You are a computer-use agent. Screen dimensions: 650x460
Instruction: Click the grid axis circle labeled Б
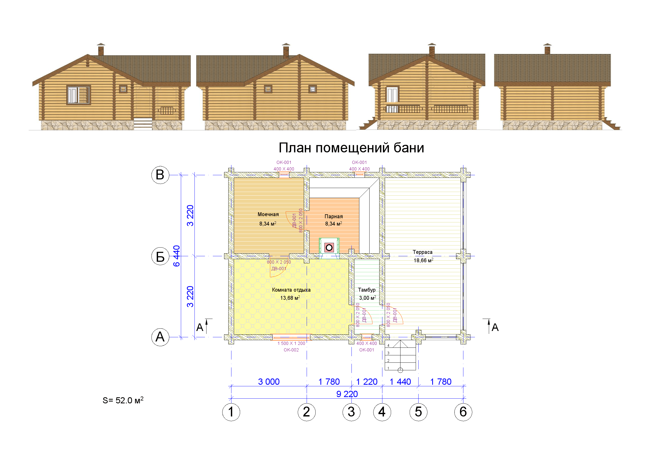160,256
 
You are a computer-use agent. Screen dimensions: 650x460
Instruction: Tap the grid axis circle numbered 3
351,412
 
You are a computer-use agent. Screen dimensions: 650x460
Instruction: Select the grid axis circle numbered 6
463,412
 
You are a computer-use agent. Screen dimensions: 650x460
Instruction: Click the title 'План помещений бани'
351,148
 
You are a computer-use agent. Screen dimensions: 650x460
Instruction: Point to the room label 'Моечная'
268,215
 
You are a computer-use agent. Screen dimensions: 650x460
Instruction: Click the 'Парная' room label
333,216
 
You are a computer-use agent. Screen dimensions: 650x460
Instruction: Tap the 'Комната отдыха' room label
291,290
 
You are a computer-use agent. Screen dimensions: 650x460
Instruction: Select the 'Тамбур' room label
367,290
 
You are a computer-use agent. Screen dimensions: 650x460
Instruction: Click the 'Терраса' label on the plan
422,252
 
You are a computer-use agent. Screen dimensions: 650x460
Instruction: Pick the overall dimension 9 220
347,394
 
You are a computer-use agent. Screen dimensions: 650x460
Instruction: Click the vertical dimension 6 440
176,256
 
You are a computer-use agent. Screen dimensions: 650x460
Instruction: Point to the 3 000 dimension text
269,382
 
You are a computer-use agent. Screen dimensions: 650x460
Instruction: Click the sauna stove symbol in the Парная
329,248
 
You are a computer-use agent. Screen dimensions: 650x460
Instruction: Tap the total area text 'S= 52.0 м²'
123,400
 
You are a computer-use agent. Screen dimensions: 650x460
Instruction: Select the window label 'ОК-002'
291,350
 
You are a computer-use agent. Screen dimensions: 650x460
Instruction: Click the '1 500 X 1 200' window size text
291,343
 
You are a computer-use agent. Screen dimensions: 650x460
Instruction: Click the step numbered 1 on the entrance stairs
388,368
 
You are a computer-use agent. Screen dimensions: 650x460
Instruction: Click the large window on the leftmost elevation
79,95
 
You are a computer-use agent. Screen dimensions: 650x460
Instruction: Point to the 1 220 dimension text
367,382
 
